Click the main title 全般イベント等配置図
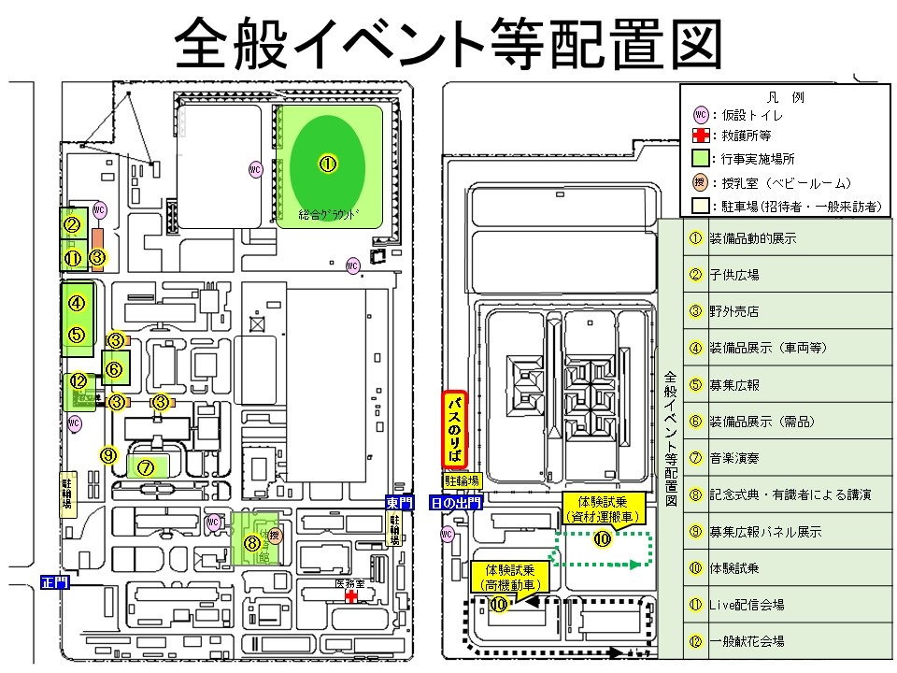(x=448, y=42)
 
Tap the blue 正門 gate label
(x=55, y=581)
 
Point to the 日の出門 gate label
(x=455, y=502)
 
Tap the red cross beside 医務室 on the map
(x=350, y=595)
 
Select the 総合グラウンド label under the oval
(x=327, y=213)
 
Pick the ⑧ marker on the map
(x=251, y=541)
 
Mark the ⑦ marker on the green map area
(x=145, y=466)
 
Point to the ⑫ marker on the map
(x=78, y=380)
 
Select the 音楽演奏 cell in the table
(x=733, y=458)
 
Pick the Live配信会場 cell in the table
(x=747, y=604)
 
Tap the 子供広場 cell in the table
(x=733, y=275)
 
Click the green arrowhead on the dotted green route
(x=634, y=564)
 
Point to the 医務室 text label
(x=349, y=582)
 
